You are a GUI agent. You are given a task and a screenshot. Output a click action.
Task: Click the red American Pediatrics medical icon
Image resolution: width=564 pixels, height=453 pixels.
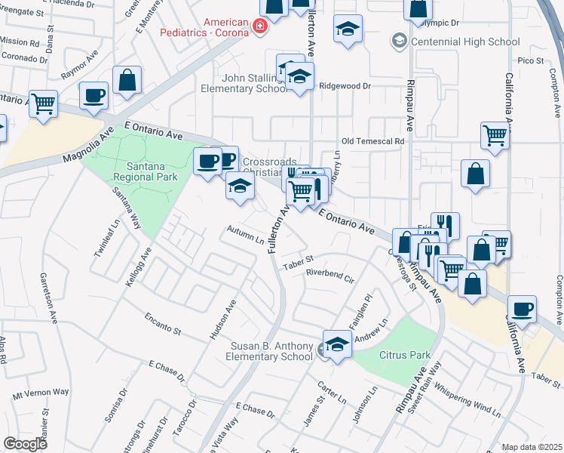(260, 26)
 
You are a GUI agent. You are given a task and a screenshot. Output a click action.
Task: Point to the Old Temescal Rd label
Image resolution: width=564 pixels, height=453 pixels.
(372, 141)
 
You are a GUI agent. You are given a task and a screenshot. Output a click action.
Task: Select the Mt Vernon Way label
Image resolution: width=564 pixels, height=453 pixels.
(41, 393)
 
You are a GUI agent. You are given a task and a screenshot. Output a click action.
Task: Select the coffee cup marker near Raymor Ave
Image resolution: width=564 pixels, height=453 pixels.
(94, 95)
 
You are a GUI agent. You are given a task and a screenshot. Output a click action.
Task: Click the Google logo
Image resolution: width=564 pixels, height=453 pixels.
(25, 444)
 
